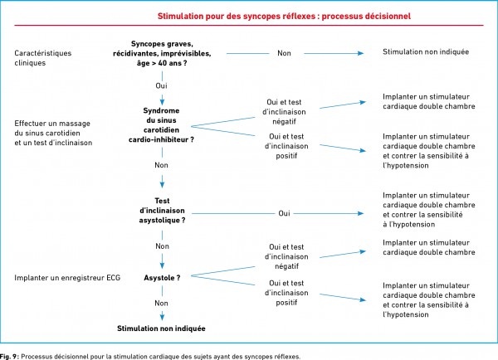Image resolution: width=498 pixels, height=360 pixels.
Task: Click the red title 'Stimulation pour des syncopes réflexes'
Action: point(236,17)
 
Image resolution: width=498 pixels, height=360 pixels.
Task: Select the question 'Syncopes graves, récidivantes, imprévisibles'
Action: point(162,49)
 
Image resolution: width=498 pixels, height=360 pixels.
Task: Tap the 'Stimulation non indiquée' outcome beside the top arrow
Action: point(426,51)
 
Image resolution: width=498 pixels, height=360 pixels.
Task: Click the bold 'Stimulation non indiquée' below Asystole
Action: point(161,328)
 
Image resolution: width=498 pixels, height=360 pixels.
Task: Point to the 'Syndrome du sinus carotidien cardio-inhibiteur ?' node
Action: point(161,125)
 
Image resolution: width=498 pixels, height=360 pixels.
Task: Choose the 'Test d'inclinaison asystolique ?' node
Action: point(162,211)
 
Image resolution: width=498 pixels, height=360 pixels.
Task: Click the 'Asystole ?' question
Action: point(162,278)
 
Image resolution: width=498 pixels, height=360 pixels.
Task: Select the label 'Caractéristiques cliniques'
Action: point(43,58)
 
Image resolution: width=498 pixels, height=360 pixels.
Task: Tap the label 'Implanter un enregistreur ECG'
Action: point(67,278)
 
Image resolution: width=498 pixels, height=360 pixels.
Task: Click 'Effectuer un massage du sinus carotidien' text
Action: point(52,129)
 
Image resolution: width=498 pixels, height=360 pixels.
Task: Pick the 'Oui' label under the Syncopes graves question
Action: point(161,85)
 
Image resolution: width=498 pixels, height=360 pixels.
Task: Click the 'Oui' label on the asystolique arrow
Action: point(284,213)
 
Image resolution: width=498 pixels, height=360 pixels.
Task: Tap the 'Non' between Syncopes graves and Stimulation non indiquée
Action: point(284,53)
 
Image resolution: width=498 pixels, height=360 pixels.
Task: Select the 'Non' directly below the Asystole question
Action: point(161,303)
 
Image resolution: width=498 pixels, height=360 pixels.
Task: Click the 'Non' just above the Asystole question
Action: point(163,246)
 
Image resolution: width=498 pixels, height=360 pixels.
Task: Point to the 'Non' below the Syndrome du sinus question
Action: point(161,165)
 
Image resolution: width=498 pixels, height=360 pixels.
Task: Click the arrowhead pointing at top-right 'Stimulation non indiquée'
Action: point(361,53)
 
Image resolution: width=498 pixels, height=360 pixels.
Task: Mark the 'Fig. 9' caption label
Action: point(9,357)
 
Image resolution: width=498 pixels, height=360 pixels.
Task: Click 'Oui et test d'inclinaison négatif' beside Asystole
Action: point(286,256)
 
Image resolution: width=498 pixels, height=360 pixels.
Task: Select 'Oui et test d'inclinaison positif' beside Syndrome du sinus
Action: point(286,146)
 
